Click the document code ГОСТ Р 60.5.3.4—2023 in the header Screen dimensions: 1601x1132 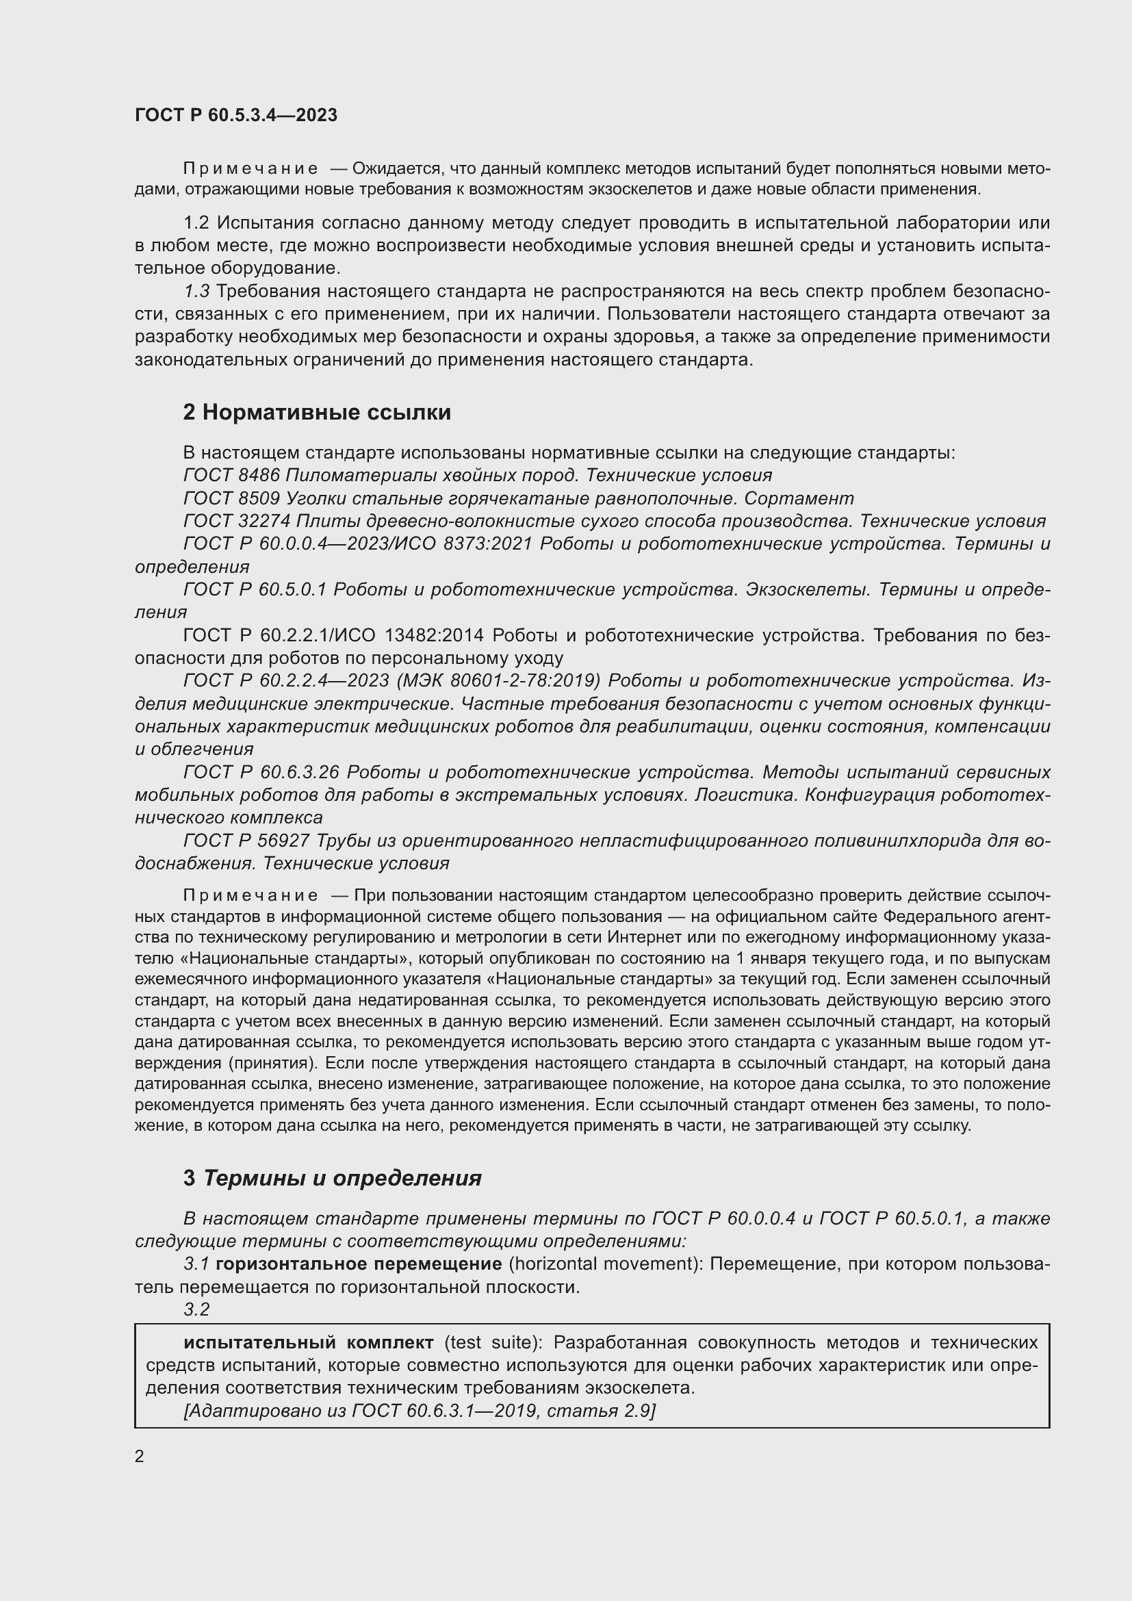point(235,115)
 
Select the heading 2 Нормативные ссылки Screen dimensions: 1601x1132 point(316,413)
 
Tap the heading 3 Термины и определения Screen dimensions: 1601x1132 point(333,1178)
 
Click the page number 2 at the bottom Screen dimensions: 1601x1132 point(140,1456)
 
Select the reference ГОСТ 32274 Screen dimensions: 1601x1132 point(237,521)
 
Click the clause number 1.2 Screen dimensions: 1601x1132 point(196,223)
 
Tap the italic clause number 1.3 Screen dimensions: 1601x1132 point(196,292)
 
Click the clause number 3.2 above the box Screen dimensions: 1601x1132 point(196,1309)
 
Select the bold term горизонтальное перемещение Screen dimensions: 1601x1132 point(358,1264)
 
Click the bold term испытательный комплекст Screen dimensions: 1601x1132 point(309,1342)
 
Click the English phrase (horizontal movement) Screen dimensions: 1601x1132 point(605,1264)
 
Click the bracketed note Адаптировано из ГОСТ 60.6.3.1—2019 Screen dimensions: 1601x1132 point(418,1411)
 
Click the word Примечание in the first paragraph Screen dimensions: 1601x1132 point(250,169)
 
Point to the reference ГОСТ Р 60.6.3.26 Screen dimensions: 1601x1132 point(261,773)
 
